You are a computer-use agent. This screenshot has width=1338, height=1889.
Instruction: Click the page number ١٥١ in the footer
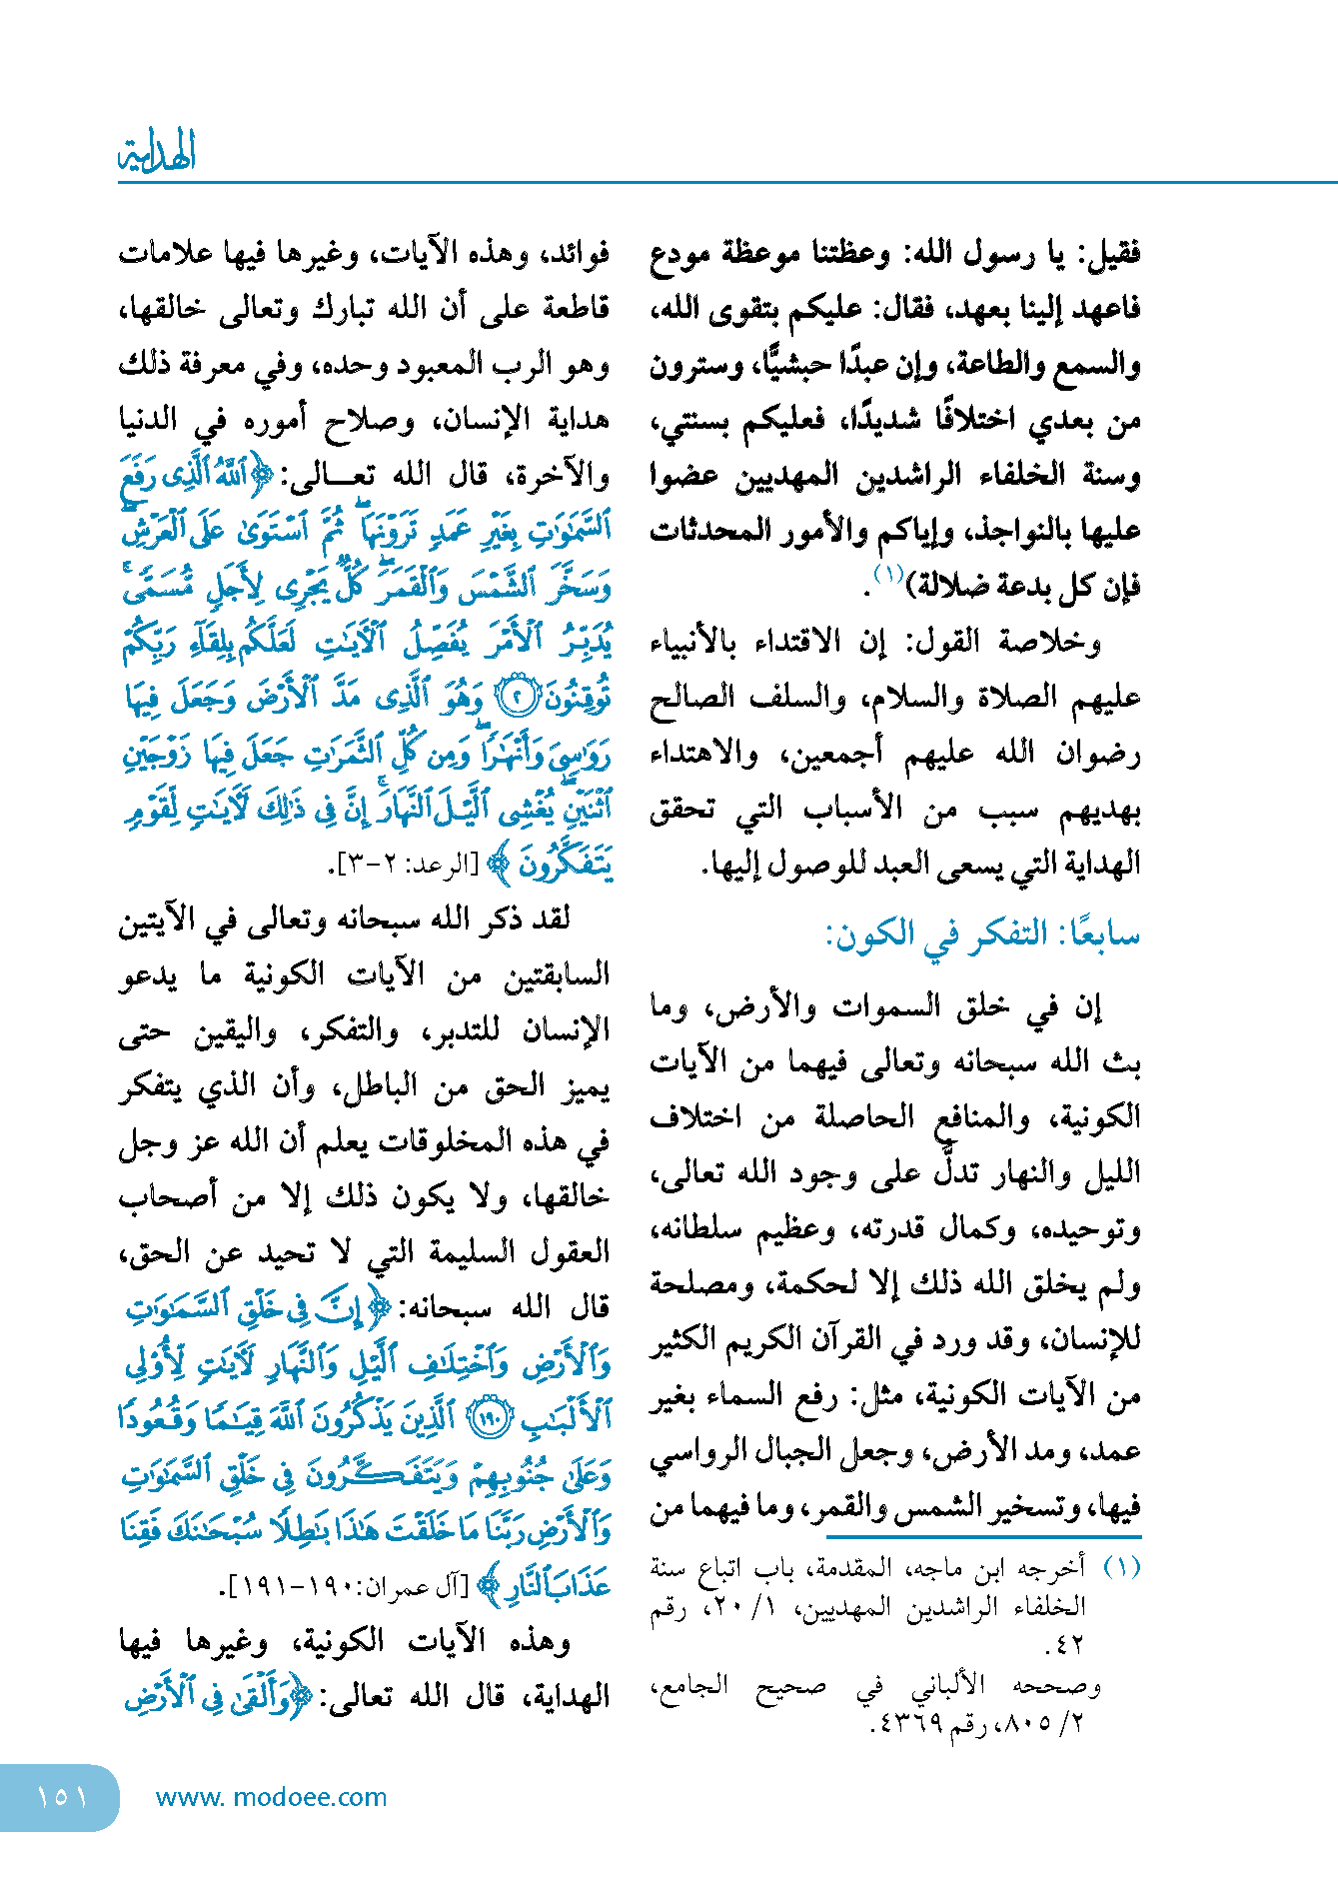pos(62,1797)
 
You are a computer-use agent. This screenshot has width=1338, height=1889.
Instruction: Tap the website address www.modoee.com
pos(271,1797)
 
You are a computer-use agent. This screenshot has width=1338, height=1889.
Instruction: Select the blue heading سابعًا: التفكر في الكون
pos(982,936)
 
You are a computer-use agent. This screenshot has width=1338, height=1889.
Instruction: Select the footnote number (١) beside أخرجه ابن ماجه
pos(1120,1566)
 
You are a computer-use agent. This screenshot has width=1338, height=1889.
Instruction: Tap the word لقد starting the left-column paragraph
pos(549,919)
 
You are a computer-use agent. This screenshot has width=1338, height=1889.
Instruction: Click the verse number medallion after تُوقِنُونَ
pos(517,697)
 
